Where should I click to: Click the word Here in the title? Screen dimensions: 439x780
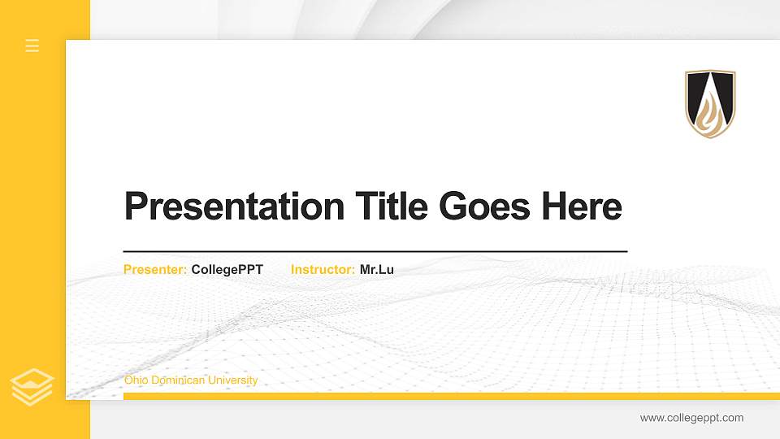point(581,206)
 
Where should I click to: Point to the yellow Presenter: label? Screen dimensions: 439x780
point(155,270)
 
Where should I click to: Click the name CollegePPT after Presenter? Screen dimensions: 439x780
point(227,270)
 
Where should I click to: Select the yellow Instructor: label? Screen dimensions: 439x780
point(323,270)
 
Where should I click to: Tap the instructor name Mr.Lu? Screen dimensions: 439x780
point(377,270)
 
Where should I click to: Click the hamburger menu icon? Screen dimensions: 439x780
point(32,46)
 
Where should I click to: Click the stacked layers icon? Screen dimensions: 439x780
point(32,387)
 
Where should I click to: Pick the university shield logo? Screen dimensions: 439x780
point(710,103)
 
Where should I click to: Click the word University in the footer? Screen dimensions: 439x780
point(232,380)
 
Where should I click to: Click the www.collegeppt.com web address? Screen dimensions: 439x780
point(691,418)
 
